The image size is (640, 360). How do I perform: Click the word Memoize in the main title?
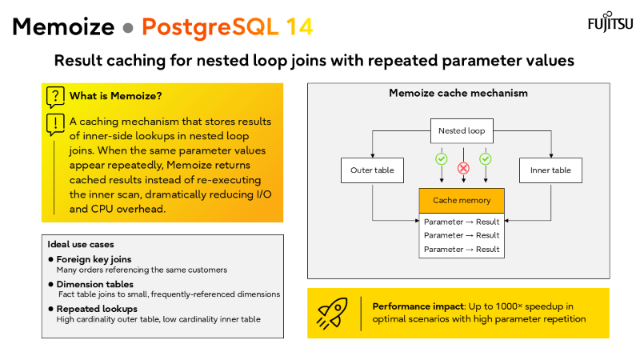pyautogui.click(x=63, y=26)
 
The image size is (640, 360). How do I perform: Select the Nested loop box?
pyautogui.click(x=462, y=130)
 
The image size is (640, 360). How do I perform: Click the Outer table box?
pyautogui.click(x=372, y=170)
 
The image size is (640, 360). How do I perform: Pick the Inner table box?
pyautogui.click(x=551, y=170)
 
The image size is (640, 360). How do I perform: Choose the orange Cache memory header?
pyautogui.click(x=462, y=200)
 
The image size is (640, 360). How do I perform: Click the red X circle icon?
pyautogui.click(x=462, y=167)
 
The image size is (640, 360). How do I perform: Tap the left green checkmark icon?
pyautogui.click(x=441, y=158)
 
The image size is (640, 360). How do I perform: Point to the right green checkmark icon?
pyautogui.click(x=485, y=158)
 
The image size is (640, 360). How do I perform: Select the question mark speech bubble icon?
pyautogui.click(x=55, y=97)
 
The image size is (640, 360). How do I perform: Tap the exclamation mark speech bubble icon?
pyautogui.click(x=55, y=123)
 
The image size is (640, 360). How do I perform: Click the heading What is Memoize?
pyautogui.click(x=115, y=96)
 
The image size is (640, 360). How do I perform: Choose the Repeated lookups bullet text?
pyautogui.click(x=96, y=307)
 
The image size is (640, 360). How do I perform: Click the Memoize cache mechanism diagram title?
pyautogui.click(x=458, y=93)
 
